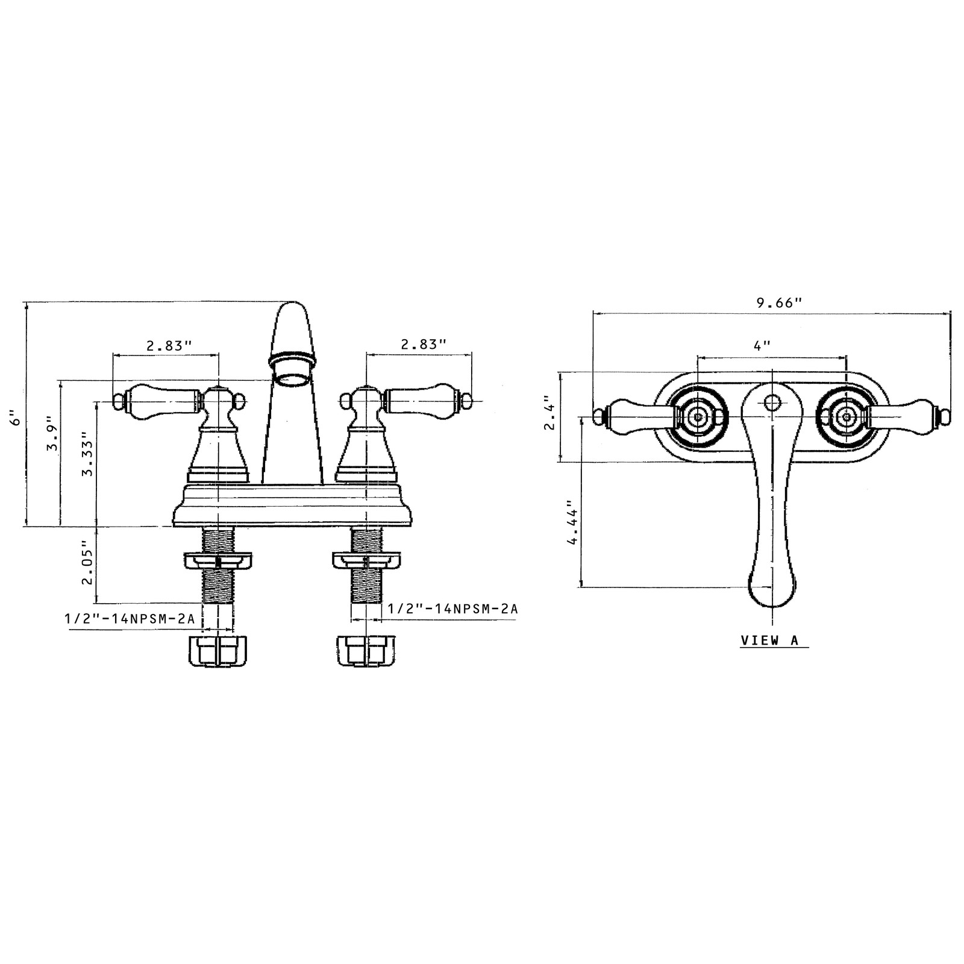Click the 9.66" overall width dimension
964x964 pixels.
780,302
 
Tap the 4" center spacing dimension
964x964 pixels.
763,346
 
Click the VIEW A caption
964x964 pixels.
769,640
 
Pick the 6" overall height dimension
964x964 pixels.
17,416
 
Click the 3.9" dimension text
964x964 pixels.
52,434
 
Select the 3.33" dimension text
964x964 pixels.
88,454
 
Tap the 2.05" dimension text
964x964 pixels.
88,562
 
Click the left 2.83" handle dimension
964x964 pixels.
169,345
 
